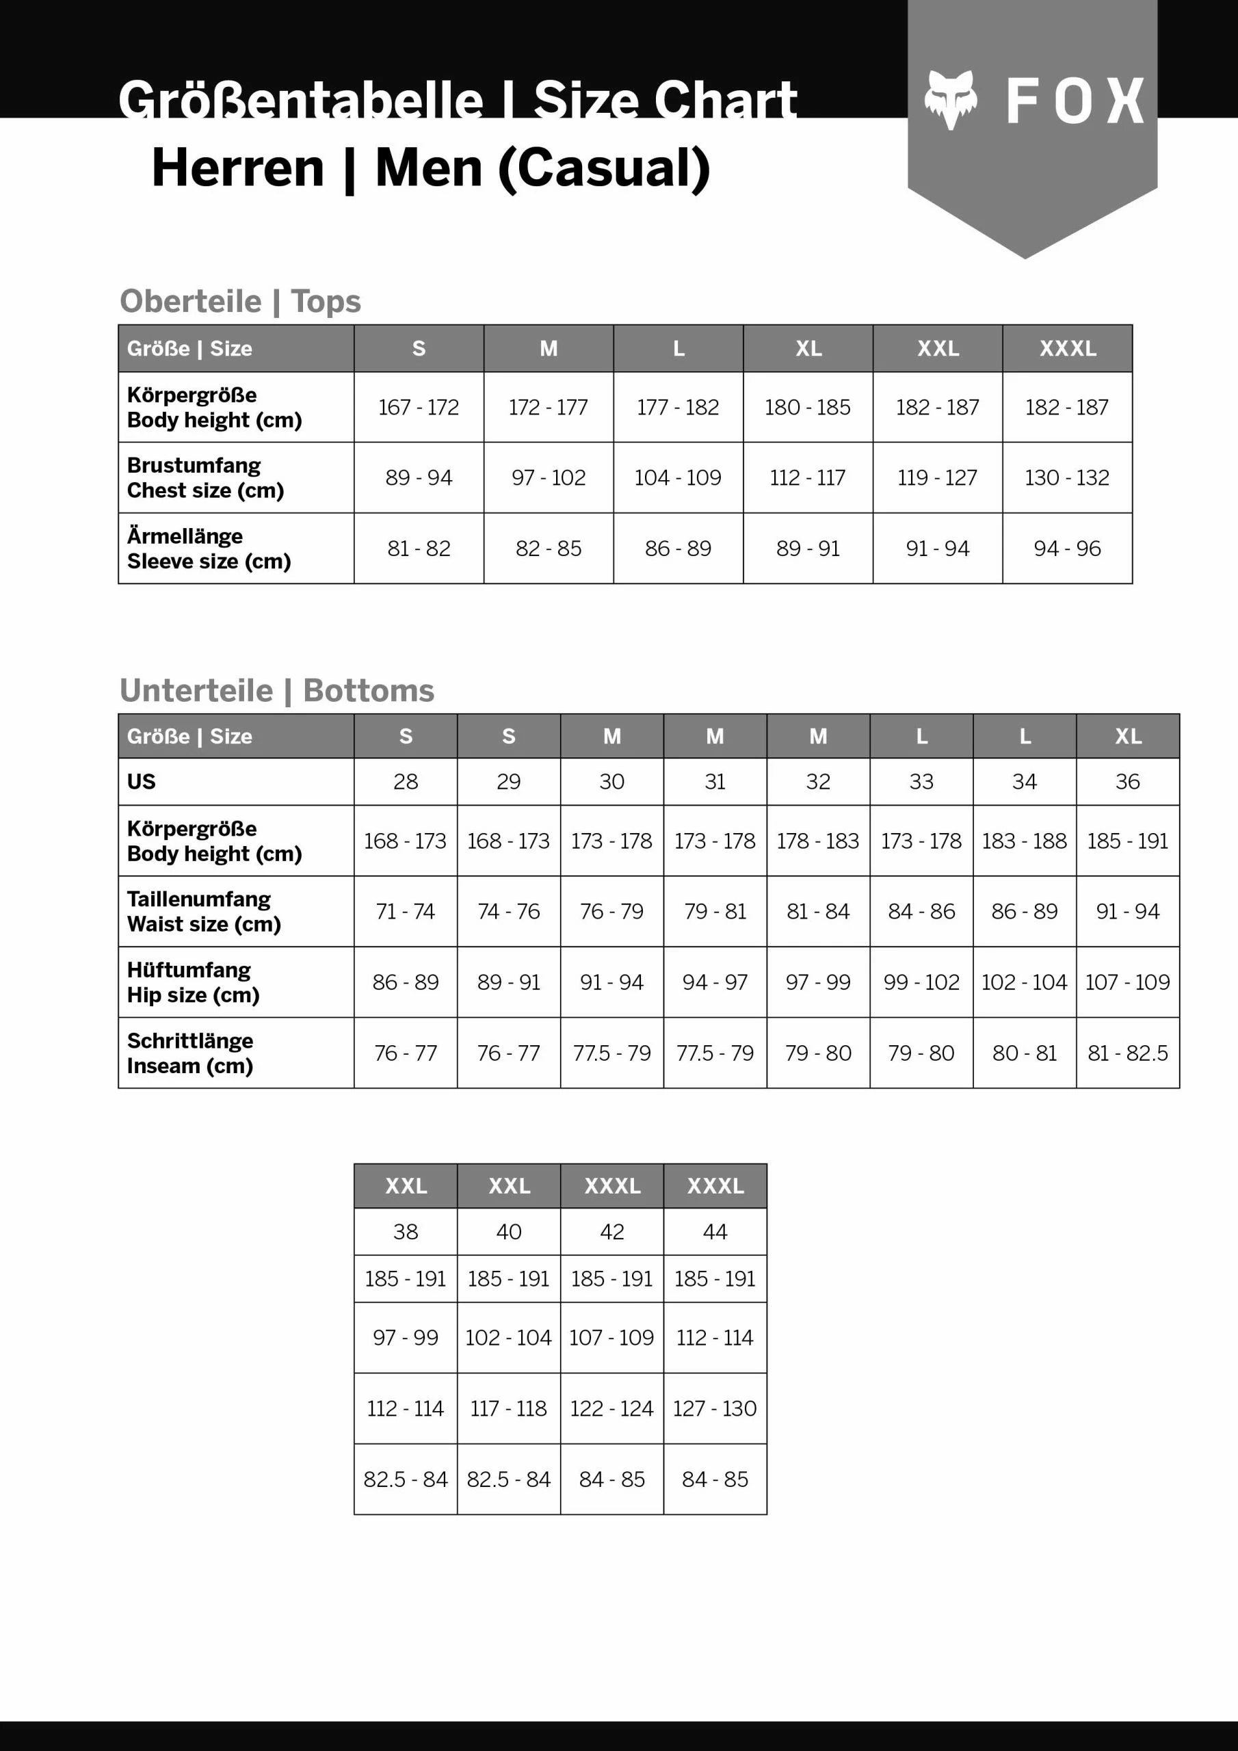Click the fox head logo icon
pos(951,99)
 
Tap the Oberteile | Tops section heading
pos(240,301)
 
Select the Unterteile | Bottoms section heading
pos(277,690)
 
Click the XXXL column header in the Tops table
pos(1067,349)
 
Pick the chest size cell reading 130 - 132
pos(1066,477)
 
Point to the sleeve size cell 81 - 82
pos(419,549)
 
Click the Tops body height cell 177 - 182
pos(677,407)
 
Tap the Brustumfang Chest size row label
pos(205,477)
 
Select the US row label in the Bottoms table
pos(141,782)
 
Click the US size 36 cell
pos(1127,782)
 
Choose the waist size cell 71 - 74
pos(405,911)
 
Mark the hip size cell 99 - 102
pos(921,982)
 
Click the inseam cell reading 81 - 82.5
pos(1127,1053)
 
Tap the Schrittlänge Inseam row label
pos(190,1053)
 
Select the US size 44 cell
pos(715,1232)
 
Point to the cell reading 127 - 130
pos(715,1408)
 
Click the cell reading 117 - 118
pos(509,1408)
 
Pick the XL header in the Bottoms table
pos(1127,736)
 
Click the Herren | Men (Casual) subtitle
pos(431,168)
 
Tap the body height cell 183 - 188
pos(1024,841)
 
